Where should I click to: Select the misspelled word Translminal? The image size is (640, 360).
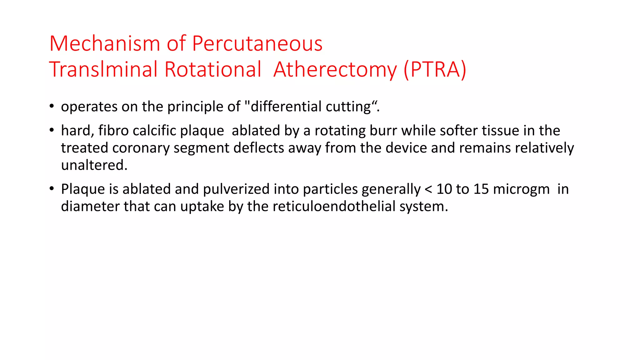(103, 69)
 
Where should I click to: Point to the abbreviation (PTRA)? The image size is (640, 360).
(435, 69)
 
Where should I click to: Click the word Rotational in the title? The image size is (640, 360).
(212, 69)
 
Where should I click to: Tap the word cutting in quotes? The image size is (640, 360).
(348, 107)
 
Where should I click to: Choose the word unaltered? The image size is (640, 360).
(94, 165)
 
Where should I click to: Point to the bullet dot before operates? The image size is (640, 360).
(52, 106)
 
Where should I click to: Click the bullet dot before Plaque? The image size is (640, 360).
(52, 189)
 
